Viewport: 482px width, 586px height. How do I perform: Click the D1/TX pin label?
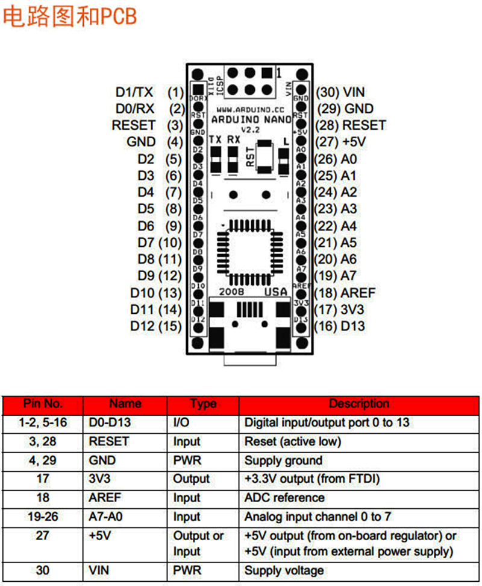[134, 92]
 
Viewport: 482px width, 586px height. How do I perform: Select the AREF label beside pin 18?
[357, 293]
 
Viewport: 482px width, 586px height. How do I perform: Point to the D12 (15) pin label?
[156, 326]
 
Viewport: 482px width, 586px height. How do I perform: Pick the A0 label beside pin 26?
[349, 159]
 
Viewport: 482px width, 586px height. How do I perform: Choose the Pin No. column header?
[43, 404]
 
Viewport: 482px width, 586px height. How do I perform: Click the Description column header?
[359, 404]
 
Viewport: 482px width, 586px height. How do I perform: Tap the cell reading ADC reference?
[284, 498]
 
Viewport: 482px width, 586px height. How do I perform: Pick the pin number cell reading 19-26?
[43, 517]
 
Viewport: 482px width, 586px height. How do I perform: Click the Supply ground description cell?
[283, 460]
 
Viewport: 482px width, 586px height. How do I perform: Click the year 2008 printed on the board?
[231, 291]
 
